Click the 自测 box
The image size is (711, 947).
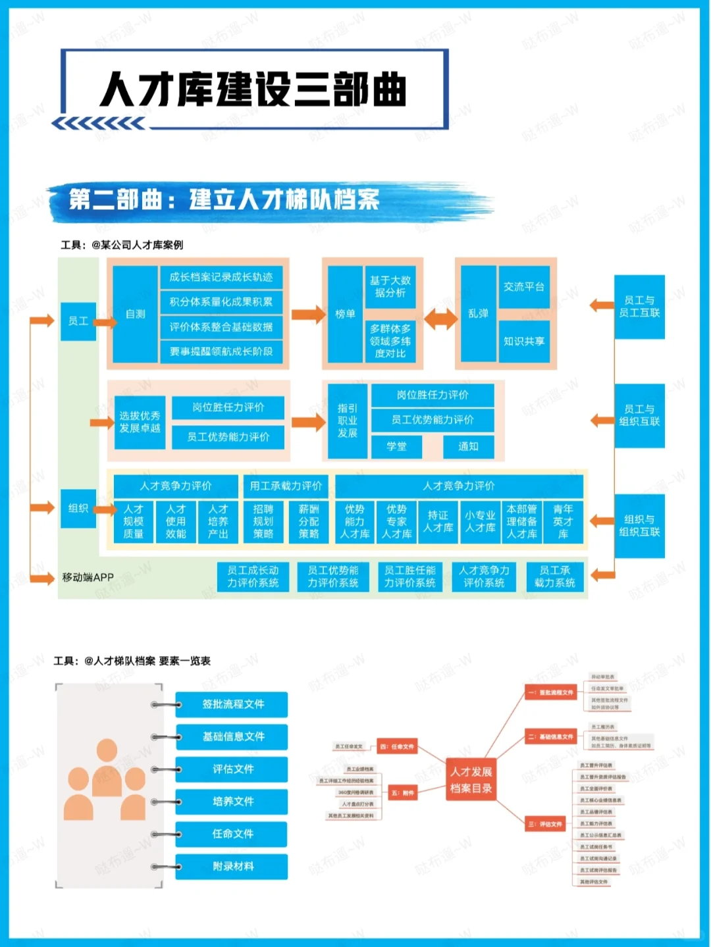[135, 314]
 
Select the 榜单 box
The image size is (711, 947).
[345, 314]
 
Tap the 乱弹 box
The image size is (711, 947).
[478, 314]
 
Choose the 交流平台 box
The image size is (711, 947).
[524, 287]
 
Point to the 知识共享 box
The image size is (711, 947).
[524, 341]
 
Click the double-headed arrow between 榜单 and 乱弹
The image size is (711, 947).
[440, 319]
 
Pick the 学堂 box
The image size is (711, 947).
[396, 446]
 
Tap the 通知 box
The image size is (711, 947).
[468, 446]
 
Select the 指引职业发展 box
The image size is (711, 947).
[347, 421]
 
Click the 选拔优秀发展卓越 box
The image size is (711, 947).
[140, 422]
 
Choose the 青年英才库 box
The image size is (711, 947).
[563, 521]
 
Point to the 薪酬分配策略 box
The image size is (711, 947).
[308, 521]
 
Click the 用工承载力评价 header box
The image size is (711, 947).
[286, 486]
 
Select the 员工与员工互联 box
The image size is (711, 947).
[639, 307]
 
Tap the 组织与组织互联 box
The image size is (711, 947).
[639, 525]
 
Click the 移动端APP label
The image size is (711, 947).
[88, 577]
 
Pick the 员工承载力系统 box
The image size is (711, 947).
[555, 576]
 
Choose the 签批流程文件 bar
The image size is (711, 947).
[232, 704]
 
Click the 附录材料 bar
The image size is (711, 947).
[232, 866]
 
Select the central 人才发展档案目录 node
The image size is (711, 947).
[471, 780]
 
